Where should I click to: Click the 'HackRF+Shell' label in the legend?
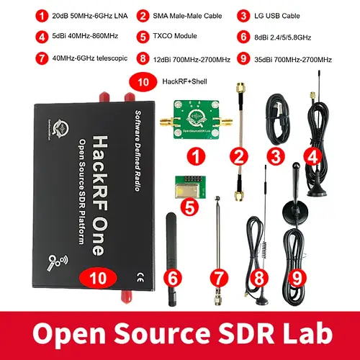coord(179,82)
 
